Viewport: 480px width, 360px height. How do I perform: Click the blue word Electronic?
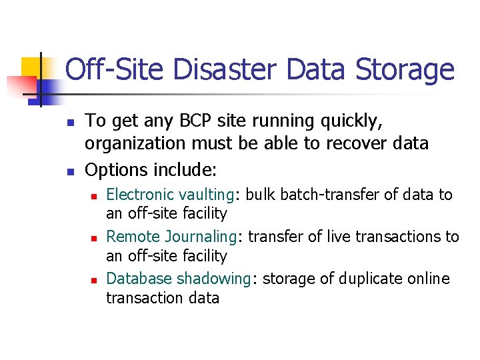click(137, 195)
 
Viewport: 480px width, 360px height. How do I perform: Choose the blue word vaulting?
click(203, 195)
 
